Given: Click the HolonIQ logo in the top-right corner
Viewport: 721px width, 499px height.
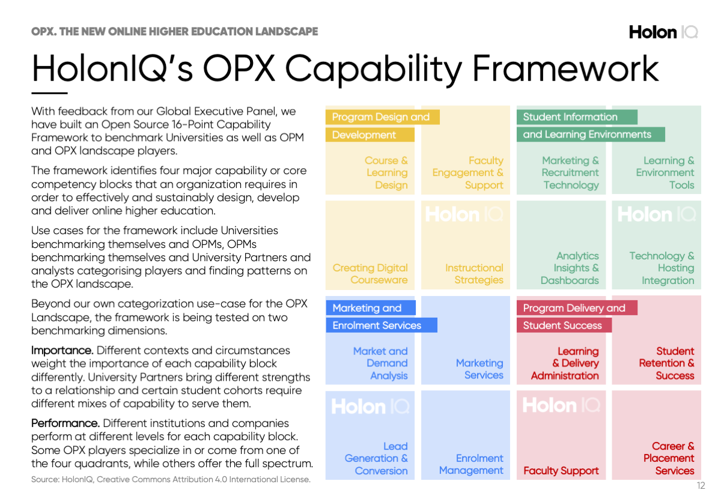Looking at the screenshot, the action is (x=663, y=32).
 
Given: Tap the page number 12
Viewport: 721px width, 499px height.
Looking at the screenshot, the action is (x=701, y=485).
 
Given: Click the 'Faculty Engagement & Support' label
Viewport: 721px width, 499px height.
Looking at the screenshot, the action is (x=467, y=173).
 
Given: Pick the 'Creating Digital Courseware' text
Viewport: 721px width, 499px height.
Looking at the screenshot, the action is (x=370, y=274).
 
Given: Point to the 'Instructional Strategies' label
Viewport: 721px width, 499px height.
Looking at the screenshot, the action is (x=474, y=274).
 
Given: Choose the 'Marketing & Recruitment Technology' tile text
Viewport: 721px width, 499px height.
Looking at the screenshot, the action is (x=570, y=173).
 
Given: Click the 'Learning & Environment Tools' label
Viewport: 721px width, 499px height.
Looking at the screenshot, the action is (x=665, y=173).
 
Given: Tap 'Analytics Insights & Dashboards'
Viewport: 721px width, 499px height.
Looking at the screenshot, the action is (x=570, y=268).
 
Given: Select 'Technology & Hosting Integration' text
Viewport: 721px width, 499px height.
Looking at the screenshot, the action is (x=662, y=268).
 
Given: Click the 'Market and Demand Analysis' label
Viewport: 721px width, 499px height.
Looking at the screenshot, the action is (x=380, y=363).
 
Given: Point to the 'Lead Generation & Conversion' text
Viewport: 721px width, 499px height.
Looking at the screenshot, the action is (x=376, y=458).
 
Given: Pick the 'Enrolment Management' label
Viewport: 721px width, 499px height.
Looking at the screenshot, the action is (x=471, y=464).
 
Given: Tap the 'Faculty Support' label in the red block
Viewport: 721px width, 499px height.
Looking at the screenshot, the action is (x=561, y=471).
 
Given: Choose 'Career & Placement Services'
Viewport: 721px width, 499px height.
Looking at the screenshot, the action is (x=669, y=458).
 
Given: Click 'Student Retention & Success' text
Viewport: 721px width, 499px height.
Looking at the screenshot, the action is (x=666, y=363).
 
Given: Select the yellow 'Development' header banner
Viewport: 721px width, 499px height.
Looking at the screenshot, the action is (x=370, y=135).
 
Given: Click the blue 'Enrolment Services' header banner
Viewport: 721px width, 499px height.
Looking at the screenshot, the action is (x=382, y=325).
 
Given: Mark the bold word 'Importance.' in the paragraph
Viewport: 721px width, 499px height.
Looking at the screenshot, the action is (x=62, y=350).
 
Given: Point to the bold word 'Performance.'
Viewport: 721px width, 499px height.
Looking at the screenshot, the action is (x=65, y=423).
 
